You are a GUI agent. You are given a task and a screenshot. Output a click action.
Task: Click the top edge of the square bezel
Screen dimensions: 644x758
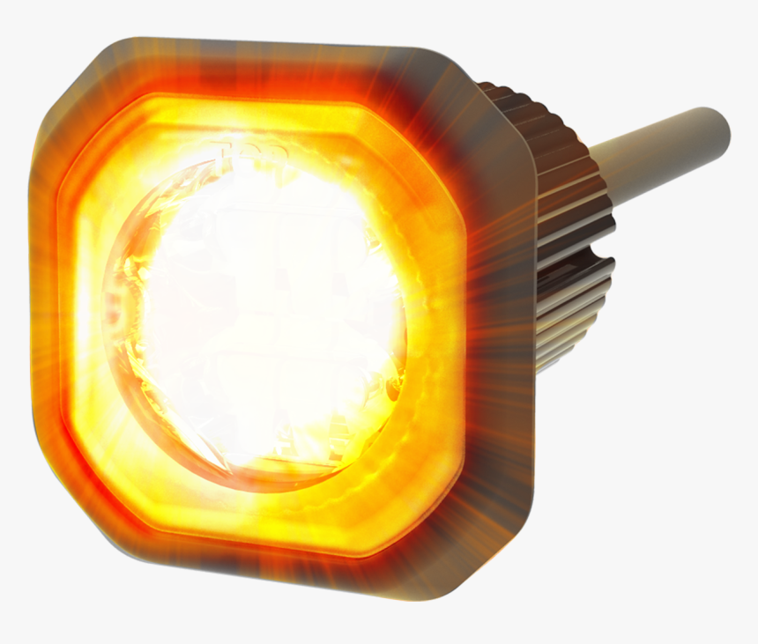click(264, 53)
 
